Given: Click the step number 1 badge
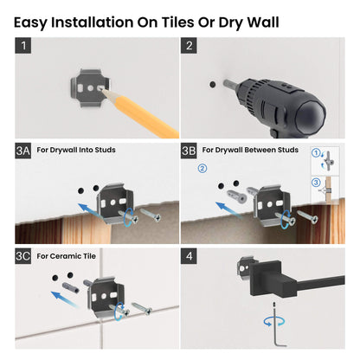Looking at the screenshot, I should tap(24, 47).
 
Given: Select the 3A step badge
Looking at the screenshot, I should tap(24, 151).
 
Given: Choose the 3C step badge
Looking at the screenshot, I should tap(24, 256).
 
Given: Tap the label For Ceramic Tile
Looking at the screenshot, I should tap(70, 256).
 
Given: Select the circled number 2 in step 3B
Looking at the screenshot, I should tap(202, 169).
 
